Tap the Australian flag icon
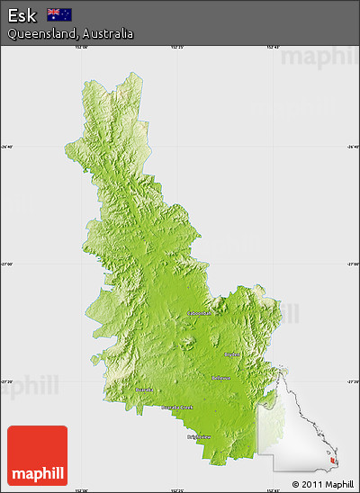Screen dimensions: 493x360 [x=59, y=13]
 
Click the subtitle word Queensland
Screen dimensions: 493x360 [x=40, y=33]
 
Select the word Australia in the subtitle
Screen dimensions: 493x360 [x=108, y=33]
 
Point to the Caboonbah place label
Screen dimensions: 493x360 [x=199, y=313]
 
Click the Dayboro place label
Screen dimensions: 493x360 [x=231, y=354]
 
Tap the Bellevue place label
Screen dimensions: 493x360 [x=220, y=378]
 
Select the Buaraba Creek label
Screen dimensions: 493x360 [x=175, y=408]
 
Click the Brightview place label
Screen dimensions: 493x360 [x=199, y=436]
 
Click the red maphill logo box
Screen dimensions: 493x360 [x=37, y=456]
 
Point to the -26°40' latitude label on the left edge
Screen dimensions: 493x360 [x=5, y=147]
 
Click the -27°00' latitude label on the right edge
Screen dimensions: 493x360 [x=353, y=264]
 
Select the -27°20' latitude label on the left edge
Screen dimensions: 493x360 [x=5, y=381]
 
